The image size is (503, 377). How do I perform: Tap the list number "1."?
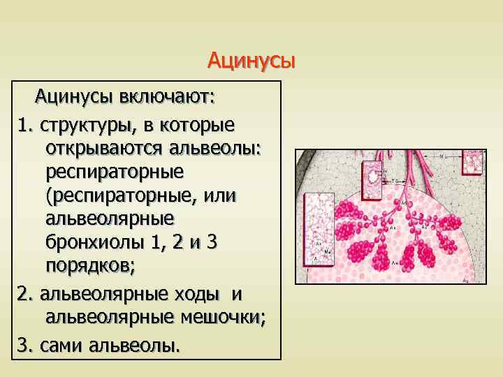click(27, 125)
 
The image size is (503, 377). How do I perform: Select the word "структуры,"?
click(87, 125)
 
